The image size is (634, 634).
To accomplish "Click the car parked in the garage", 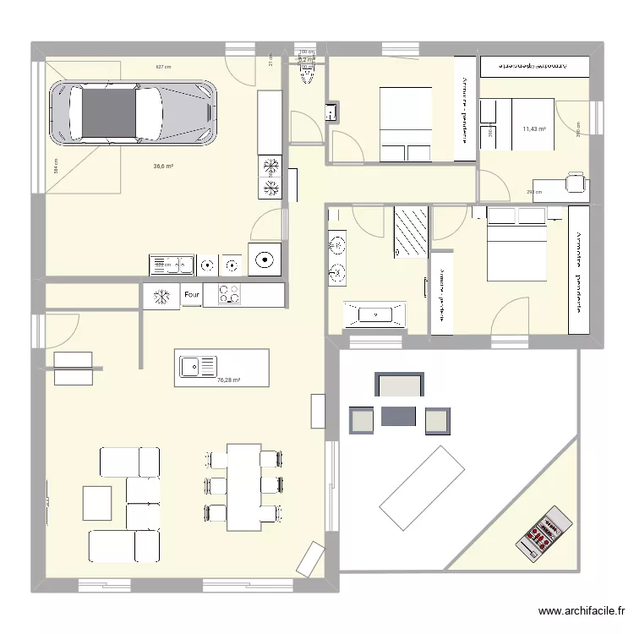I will pos(132,112).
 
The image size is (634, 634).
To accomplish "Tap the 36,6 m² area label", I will pos(163,167).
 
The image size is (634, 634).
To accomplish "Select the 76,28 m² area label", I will pos(228,380).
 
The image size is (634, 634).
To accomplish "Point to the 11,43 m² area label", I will pos(533,129).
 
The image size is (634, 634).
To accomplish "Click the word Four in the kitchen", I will pos(191,295).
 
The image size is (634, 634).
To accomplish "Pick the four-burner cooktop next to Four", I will pos(228,295).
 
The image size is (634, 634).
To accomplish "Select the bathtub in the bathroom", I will pos(374,314).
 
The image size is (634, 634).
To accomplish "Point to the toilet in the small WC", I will pos(308,76).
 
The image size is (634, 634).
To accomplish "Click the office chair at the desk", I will pos(575,182).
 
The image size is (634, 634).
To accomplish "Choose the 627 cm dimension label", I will pos(163,67).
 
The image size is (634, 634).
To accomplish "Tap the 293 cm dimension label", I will pos(533,192).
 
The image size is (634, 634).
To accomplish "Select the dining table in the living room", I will pos(243,487).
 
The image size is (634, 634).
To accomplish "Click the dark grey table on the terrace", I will pos(398,416).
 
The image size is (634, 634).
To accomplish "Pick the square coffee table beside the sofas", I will pos(97,503).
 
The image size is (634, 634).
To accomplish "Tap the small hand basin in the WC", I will pos(332,112).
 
